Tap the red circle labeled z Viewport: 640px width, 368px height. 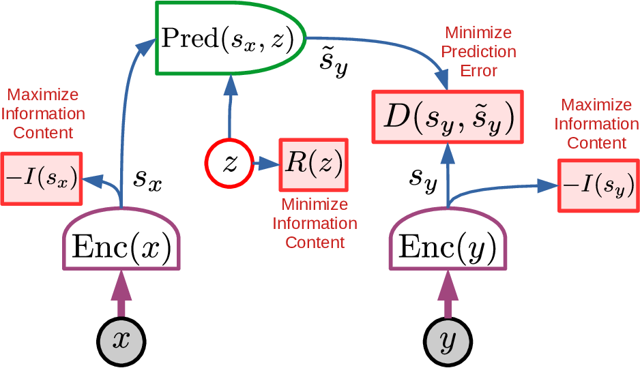pyautogui.click(x=229, y=164)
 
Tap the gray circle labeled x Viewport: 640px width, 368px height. pyautogui.click(x=121, y=338)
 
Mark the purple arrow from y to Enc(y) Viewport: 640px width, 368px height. pyautogui.click(x=448, y=294)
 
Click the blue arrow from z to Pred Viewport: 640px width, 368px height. pyautogui.click(x=230, y=109)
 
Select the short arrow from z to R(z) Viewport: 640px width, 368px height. pyautogui.click(x=265, y=164)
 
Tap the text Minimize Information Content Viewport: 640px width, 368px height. pyautogui.click(x=315, y=224)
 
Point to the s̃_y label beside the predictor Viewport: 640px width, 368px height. pyautogui.click(x=334, y=63)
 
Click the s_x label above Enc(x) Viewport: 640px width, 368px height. pyautogui.click(x=147, y=179)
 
